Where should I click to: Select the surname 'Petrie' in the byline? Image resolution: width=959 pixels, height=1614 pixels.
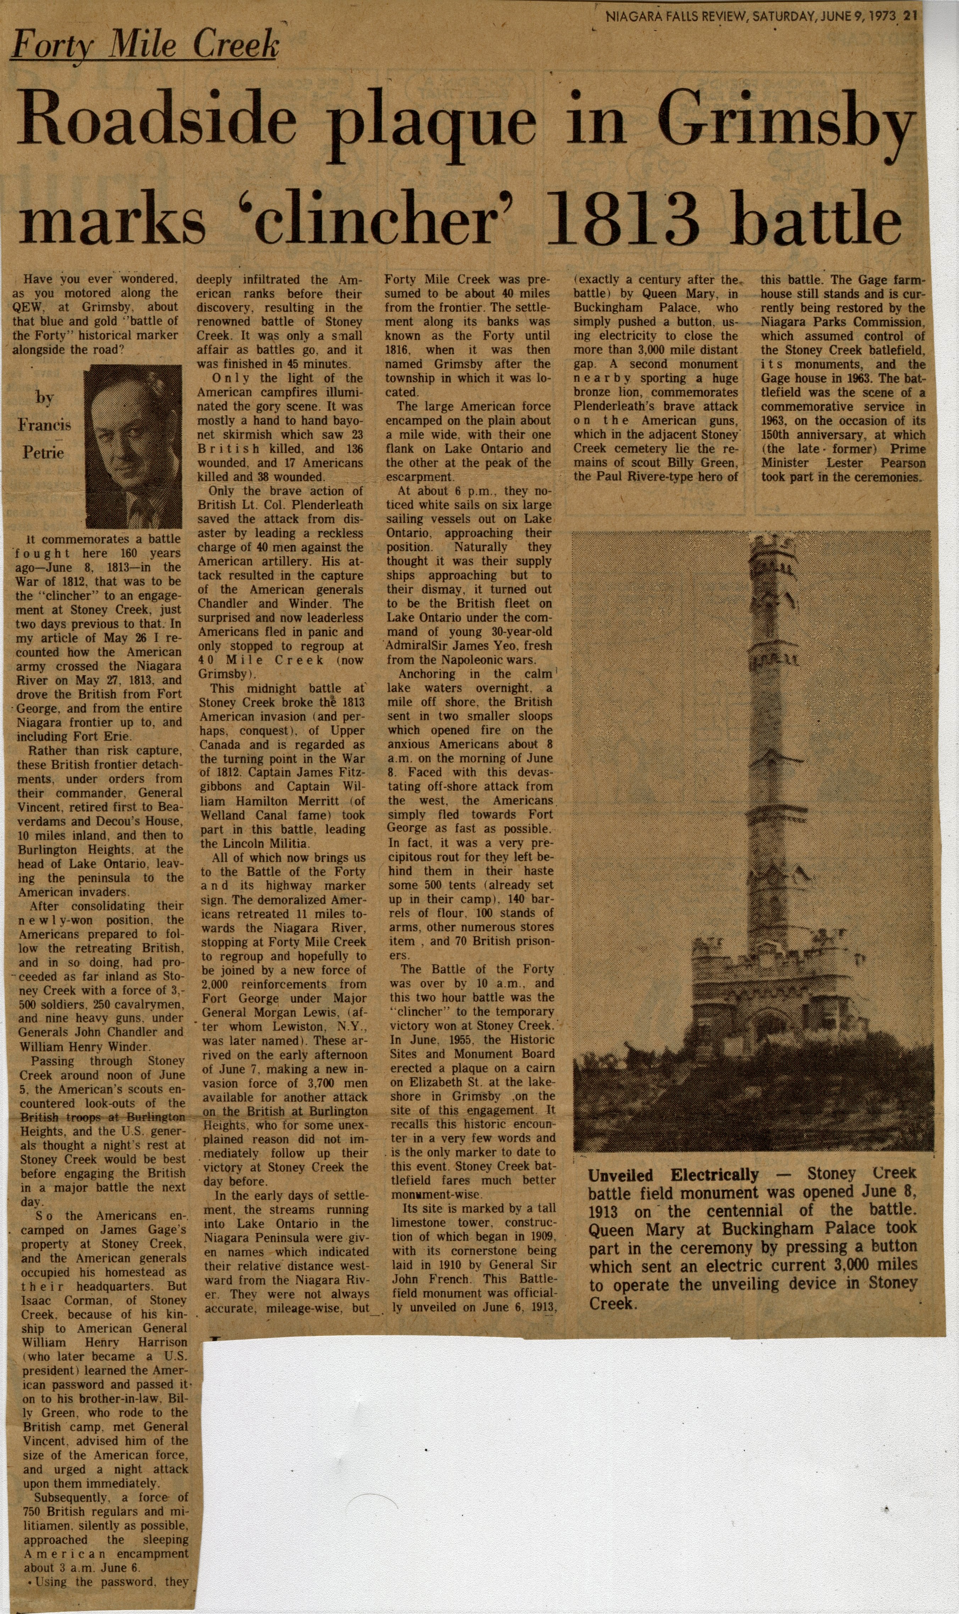[43, 452]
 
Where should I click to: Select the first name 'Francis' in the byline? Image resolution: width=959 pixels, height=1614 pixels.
[44, 424]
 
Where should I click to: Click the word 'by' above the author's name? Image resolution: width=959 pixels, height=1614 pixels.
[44, 397]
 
